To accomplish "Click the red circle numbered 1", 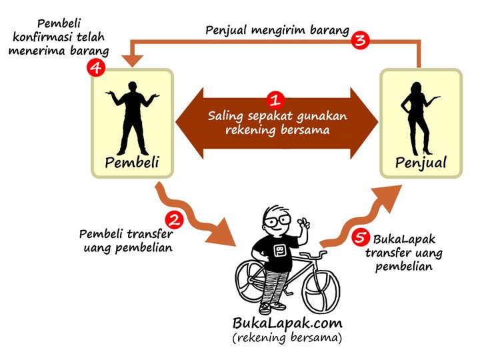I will click(x=275, y=101).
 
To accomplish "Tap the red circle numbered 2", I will click(x=173, y=218).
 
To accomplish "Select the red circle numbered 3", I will click(x=361, y=40).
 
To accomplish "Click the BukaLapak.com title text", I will click(x=287, y=323).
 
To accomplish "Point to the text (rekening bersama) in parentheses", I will click(x=287, y=339).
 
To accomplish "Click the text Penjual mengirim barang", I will click(x=276, y=30).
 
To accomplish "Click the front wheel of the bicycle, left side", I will click(x=254, y=281).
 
